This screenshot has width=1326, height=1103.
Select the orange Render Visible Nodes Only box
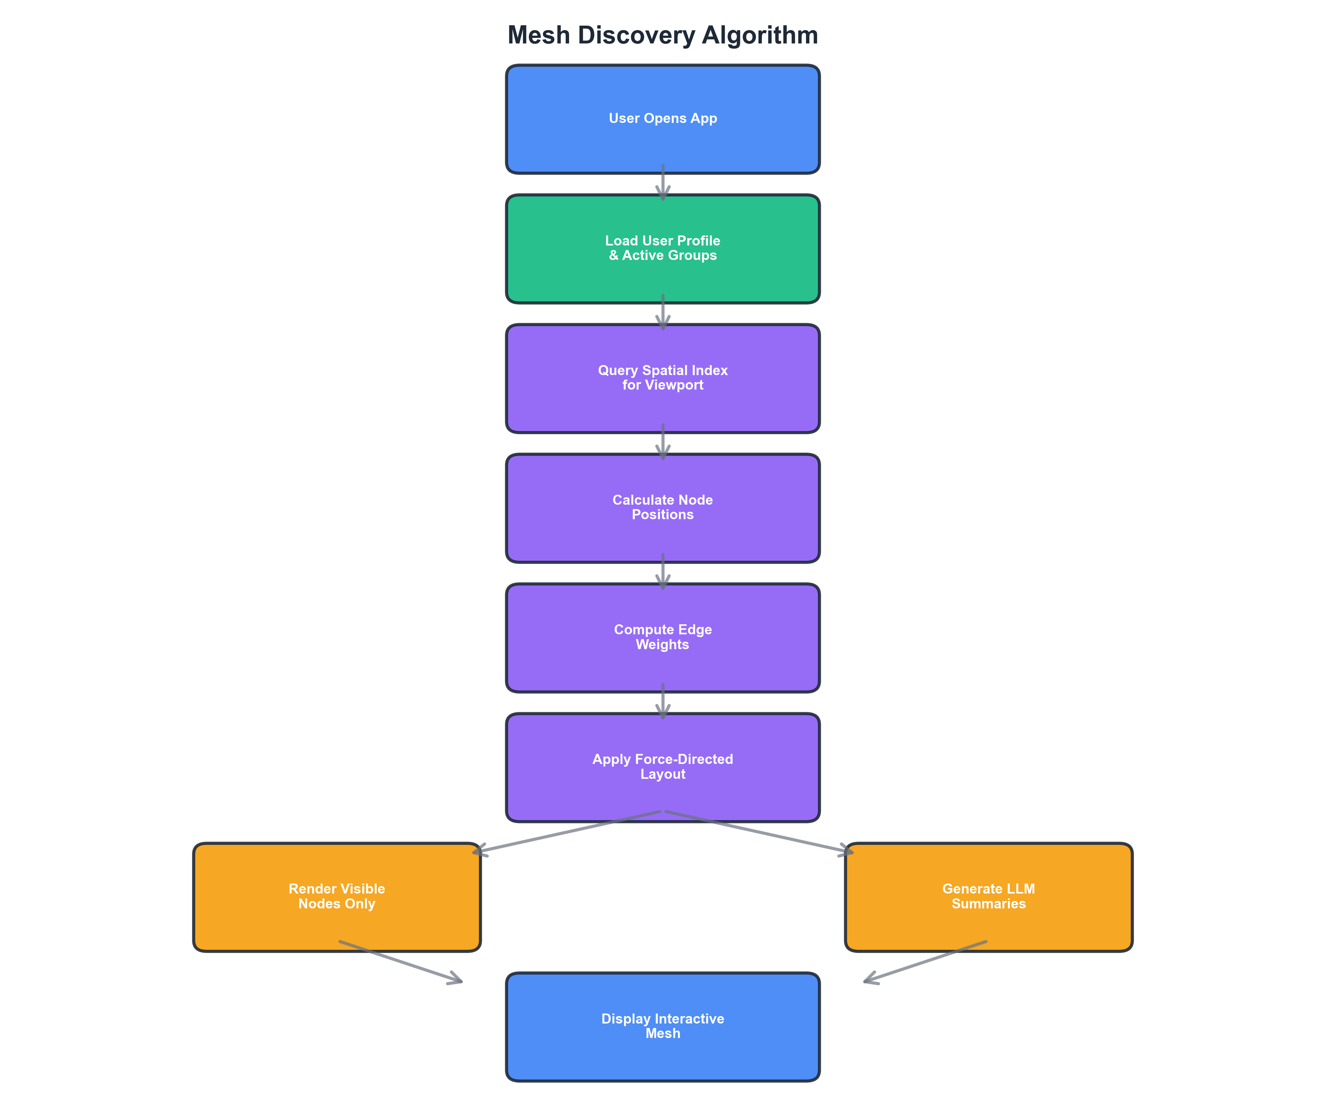coord(337,897)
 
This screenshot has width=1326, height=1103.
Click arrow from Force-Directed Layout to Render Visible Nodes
coord(568,832)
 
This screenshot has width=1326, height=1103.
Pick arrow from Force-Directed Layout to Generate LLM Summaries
coord(758,832)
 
